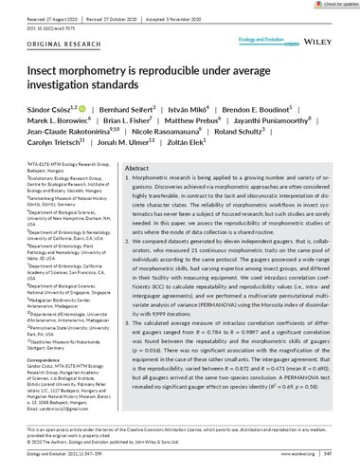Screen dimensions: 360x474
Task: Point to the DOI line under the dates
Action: [x=43, y=16]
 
